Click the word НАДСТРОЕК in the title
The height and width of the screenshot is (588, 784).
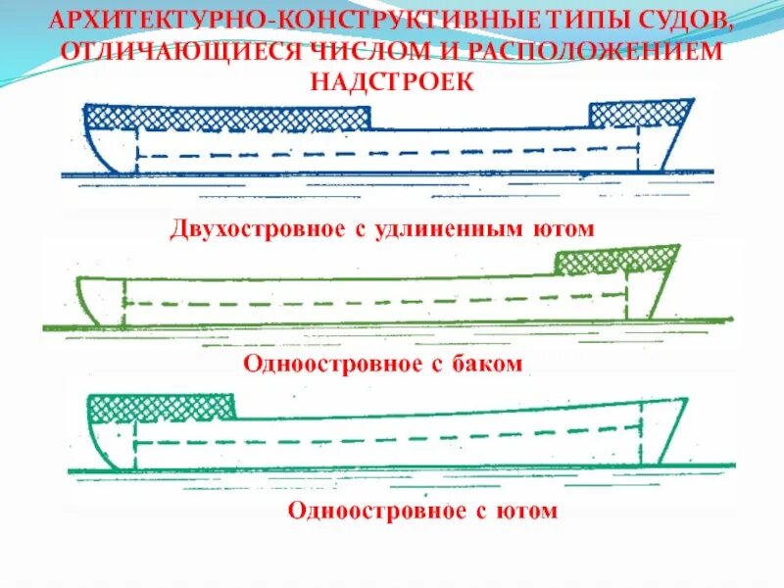click(x=392, y=80)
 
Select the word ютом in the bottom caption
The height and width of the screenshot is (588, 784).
click(x=529, y=511)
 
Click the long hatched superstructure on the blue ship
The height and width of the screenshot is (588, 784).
click(x=229, y=117)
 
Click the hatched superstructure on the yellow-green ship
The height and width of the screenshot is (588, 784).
click(x=615, y=260)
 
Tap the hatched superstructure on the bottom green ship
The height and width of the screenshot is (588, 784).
click(x=163, y=407)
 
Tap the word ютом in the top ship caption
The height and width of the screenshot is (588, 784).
click(x=565, y=229)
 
